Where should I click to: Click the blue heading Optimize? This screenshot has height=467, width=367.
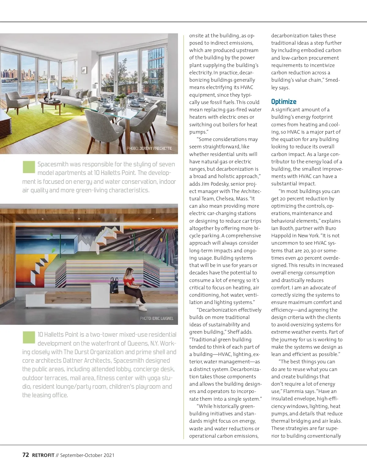[284, 102]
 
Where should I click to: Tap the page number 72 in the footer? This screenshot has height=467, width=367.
[26, 455]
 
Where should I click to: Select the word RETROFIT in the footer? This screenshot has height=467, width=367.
[43, 455]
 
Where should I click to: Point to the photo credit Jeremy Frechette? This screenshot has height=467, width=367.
[149, 148]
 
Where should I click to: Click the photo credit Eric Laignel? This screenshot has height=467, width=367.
[157, 318]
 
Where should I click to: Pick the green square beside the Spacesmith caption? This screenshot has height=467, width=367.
[29, 167]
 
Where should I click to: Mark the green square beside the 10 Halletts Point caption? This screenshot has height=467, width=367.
[29, 337]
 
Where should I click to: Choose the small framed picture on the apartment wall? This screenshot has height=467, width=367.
[84, 71]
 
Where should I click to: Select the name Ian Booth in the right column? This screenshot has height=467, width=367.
[282, 228]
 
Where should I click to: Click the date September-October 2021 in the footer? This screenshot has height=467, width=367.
[87, 455]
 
